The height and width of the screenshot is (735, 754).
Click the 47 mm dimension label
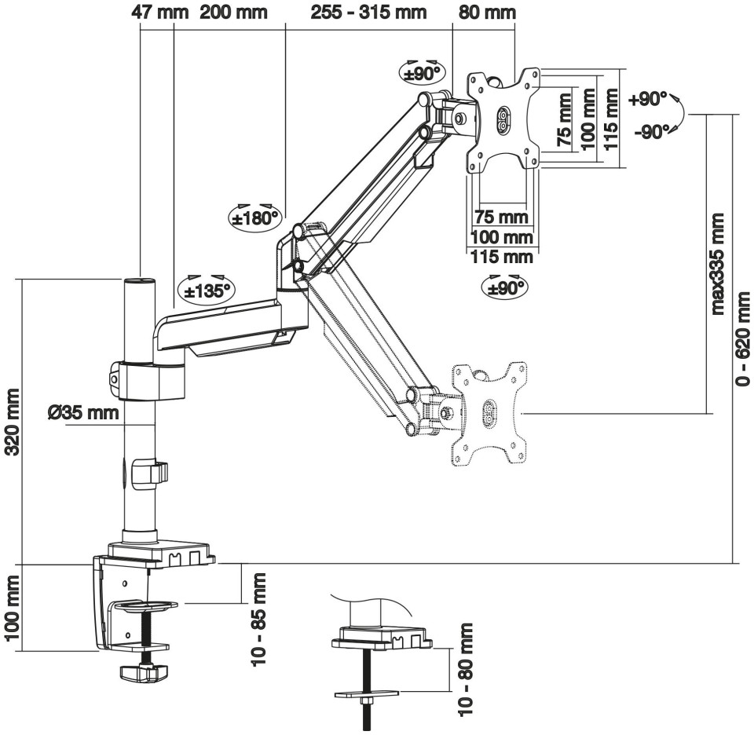[x=156, y=13]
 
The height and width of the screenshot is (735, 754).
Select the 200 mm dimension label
[x=233, y=13]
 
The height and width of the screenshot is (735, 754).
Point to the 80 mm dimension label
[x=486, y=13]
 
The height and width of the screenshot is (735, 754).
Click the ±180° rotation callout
[x=254, y=217]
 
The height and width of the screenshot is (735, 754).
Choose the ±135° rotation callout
[x=207, y=291]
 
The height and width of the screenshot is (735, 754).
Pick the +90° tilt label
[x=648, y=100]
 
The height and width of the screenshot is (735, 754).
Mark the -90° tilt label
[x=651, y=131]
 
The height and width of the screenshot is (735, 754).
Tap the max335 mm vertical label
[x=717, y=261]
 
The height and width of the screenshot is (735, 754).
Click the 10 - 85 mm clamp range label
[x=258, y=620]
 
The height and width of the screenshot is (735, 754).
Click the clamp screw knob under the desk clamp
[x=145, y=672]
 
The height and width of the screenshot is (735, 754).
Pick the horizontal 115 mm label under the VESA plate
[x=501, y=257]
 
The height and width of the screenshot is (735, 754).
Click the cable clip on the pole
[x=149, y=473]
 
